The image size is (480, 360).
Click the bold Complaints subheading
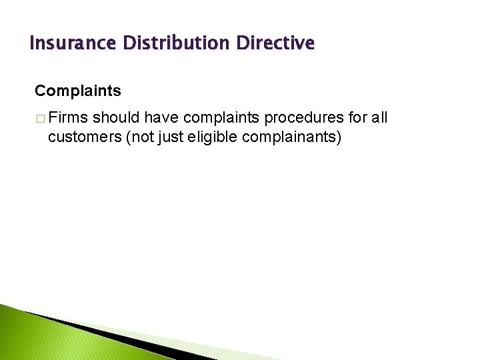point(78,90)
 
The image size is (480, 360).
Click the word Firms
point(69,119)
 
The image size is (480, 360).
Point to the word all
point(379,119)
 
